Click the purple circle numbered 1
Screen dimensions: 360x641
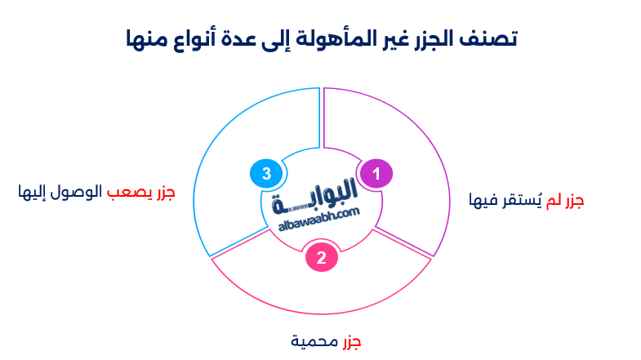[376, 173]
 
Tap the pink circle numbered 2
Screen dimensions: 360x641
[322, 258]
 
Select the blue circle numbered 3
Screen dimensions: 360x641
[266, 173]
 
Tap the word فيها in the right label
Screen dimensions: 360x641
[483, 199]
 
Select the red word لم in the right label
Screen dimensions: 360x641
[554, 199]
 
